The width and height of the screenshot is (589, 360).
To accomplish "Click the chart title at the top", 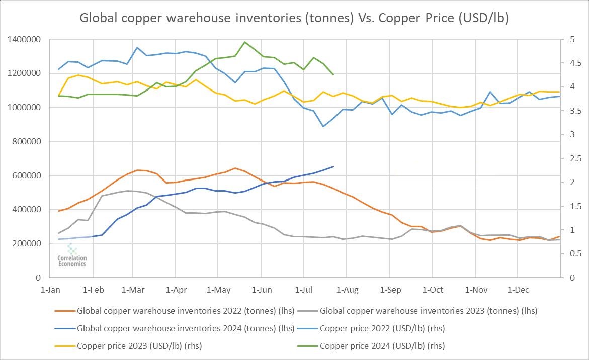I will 294,18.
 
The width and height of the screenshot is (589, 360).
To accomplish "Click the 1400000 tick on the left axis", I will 24,39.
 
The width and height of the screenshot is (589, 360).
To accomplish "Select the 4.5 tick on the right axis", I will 571,63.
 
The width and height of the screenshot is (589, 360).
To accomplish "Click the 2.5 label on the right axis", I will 571,158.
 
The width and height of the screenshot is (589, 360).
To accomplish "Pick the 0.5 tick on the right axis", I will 571,253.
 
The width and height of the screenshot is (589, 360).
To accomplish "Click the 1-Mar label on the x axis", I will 133,290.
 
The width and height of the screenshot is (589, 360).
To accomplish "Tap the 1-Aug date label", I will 347,290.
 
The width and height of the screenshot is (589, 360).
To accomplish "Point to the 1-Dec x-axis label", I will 518,290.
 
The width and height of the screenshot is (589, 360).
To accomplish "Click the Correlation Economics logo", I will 72,255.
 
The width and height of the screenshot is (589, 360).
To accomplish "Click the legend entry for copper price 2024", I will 382,346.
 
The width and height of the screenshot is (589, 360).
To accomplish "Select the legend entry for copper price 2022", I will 382,328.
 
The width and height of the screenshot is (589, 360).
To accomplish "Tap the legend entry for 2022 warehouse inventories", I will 186,311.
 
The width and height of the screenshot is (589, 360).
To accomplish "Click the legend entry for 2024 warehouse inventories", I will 186,328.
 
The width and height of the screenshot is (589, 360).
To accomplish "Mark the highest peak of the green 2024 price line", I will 244,42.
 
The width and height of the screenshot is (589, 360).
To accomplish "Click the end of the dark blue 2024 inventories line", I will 333,166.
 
